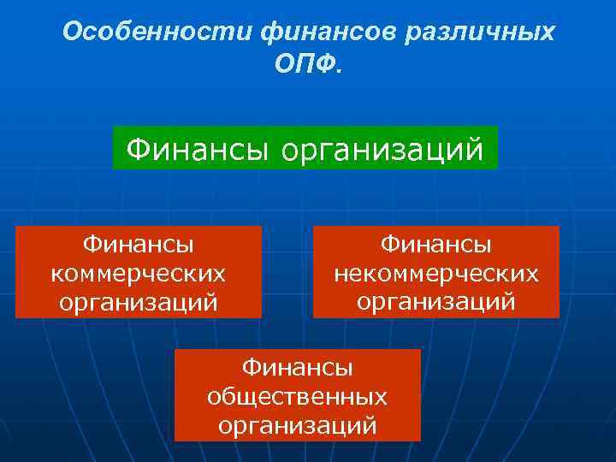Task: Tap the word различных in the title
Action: click(x=470, y=32)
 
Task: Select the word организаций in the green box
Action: click(x=382, y=151)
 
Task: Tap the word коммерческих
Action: click(x=139, y=273)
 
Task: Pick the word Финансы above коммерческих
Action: click(x=139, y=245)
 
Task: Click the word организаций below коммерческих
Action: click(x=139, y=302)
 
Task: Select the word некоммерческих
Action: click(x=436, y=273)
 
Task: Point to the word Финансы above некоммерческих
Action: click(x=436, y=245)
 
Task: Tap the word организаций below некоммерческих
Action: click(x=436, y=302)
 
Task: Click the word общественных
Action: click(x=297, y=396)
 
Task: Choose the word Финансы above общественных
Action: click(x=297, y=368)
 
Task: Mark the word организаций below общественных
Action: click(x=297, y=425)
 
